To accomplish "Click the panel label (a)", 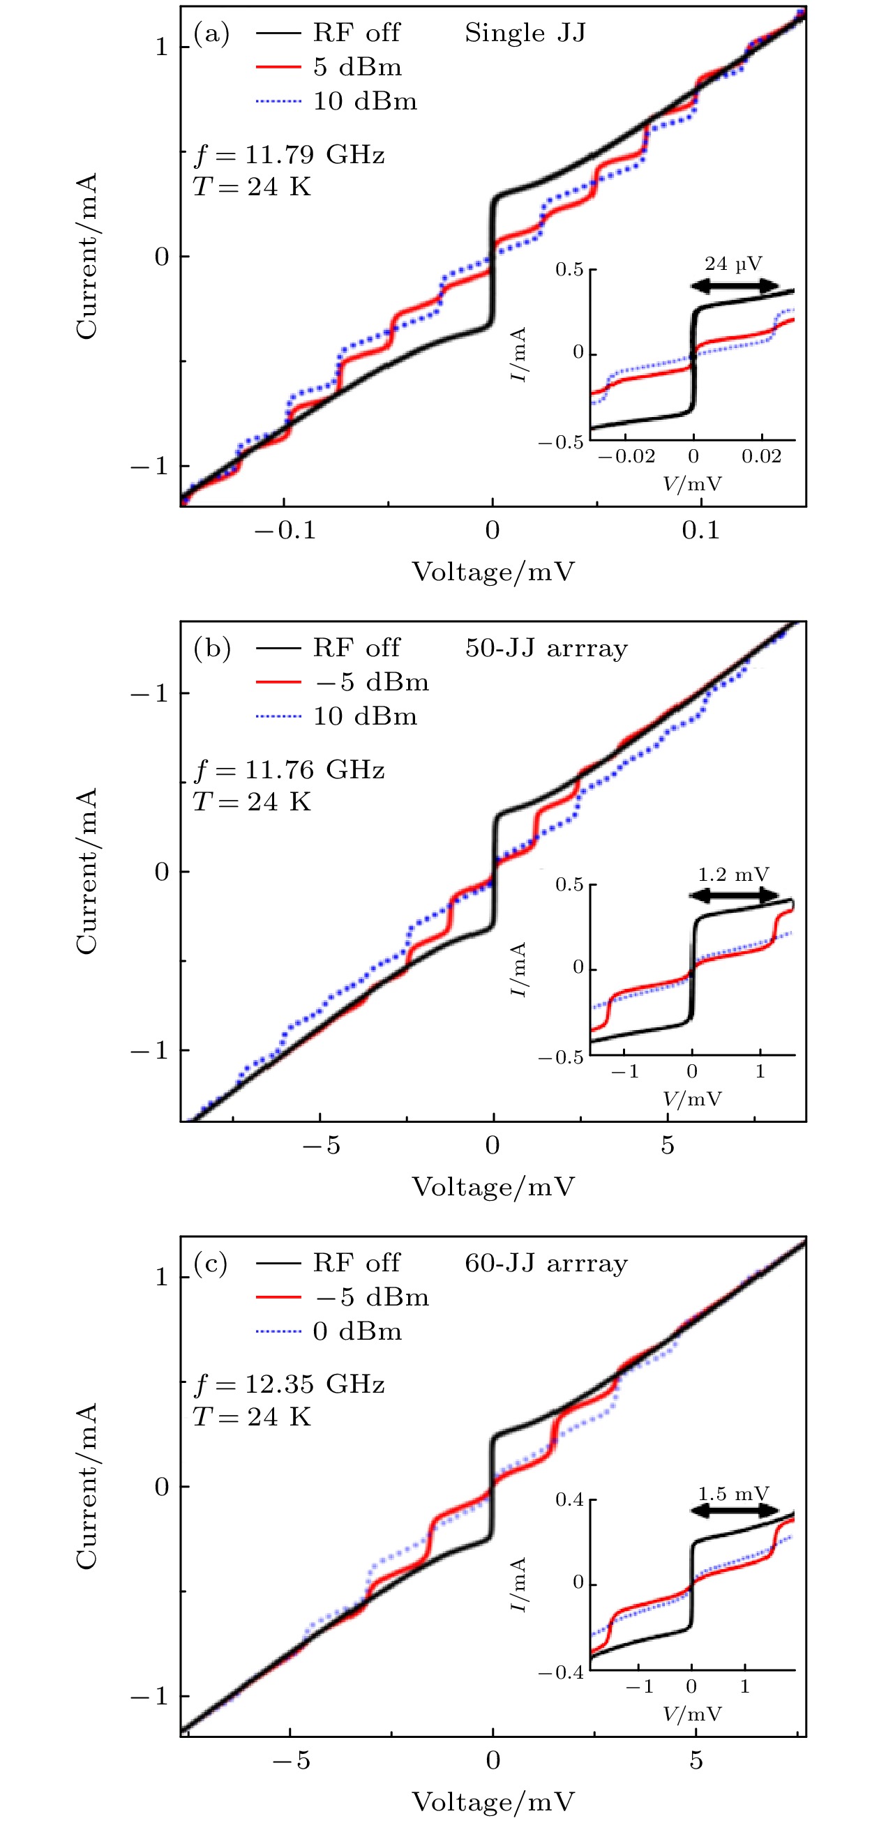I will coord(211,33).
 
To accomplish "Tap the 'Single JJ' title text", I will coord(525,33).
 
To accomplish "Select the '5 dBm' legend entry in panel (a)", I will coord(357,67).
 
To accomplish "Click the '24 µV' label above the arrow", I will coord(733,264).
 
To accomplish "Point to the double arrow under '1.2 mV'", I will coord(734,895).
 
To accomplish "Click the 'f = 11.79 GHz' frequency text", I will coord(290,154).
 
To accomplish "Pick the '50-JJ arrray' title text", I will coord(546,649).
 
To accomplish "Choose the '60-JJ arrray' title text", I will coord(546,1263).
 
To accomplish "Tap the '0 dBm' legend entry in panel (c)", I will coord(357,1331).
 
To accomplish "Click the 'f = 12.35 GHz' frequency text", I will coord(290,1384).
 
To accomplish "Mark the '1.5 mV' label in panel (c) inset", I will coord(733,1494).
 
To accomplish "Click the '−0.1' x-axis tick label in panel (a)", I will coord(285,530).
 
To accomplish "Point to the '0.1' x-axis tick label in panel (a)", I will coord(700,530).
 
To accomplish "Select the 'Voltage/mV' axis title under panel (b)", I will coord(493,1187).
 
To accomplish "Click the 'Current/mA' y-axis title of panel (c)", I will coord(87,1487).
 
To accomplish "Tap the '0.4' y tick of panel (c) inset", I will coord(569,1499).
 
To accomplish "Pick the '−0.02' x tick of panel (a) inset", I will coord(626,457).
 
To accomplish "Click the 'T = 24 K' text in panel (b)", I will coord(252,802).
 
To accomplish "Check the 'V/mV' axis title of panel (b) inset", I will coord(692,1099).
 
